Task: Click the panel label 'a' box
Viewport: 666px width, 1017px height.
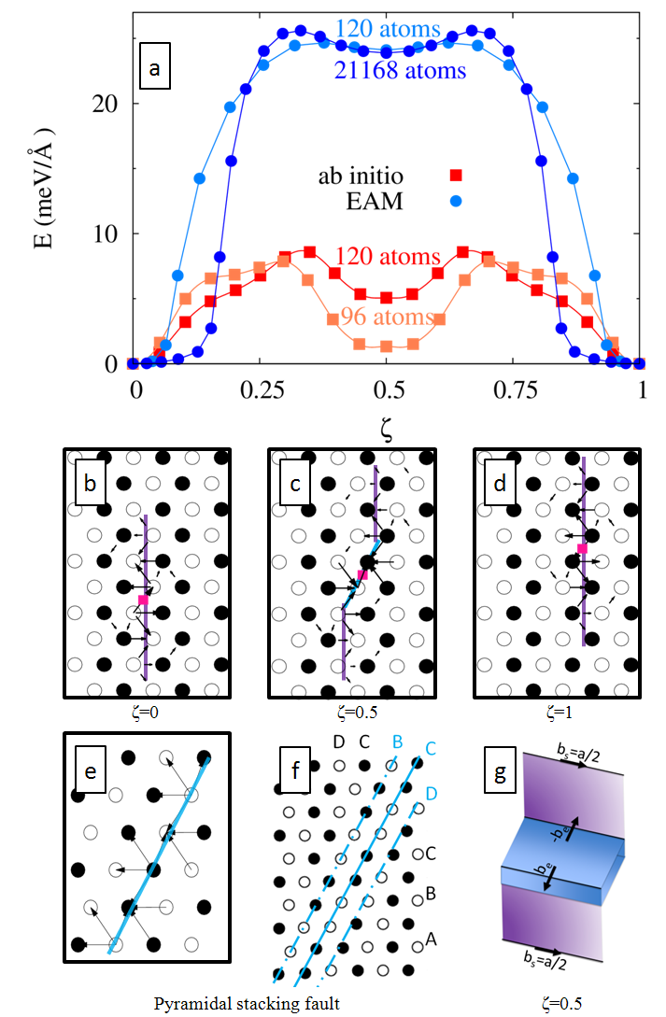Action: [155, 68]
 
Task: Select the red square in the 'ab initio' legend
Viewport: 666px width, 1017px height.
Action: [456, 176]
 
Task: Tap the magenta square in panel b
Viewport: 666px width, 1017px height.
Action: [143, 599]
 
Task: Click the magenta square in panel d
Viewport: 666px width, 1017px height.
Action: [581, 549]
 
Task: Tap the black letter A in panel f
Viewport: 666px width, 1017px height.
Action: [431, 939]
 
